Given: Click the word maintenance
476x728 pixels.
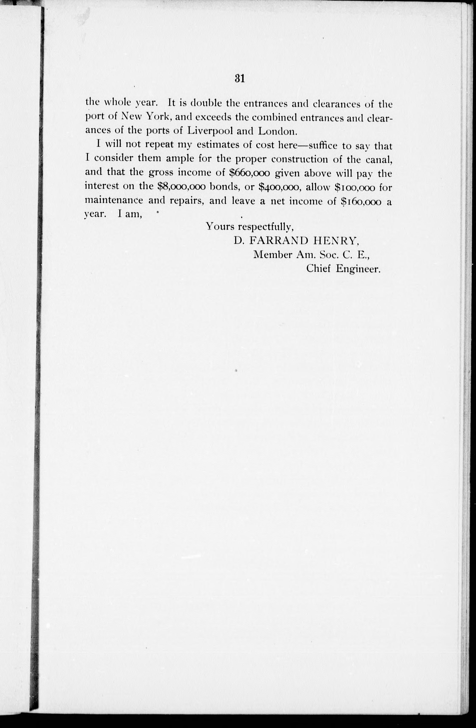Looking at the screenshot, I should (x=114, y=201).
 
